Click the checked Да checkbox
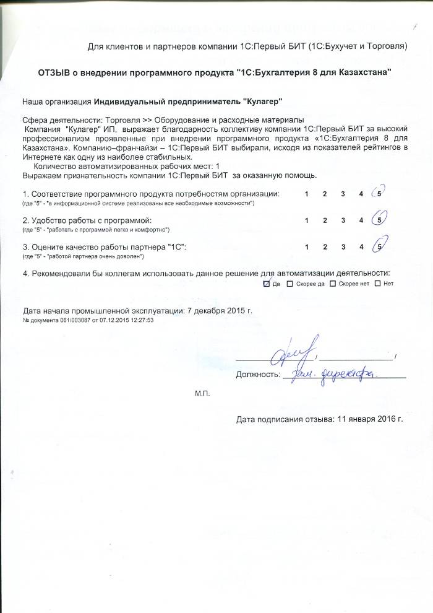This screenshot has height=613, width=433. [x=267, y=284]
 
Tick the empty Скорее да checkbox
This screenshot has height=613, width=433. [x=290, y=284]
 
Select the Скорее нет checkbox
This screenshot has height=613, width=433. [x=333, y=284]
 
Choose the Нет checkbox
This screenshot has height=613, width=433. [x=377, y=284]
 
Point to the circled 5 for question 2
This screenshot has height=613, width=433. [x=379, y=220]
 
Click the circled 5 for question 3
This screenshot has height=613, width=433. [x=379, y=246]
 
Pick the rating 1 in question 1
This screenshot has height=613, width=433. [x=307, y=194]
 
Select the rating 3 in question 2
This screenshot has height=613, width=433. [x=343, y=220]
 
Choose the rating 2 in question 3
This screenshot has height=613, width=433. [x=325, y=247]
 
